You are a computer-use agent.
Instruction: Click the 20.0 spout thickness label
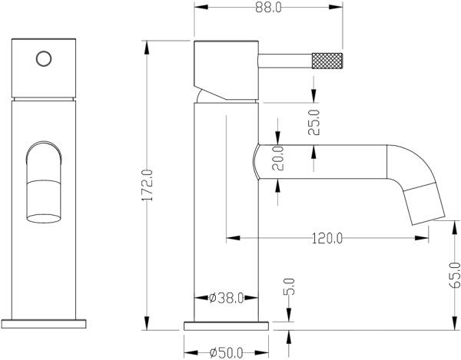(x=278, y=159)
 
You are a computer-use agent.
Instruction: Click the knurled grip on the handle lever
(x=327, y=60)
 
